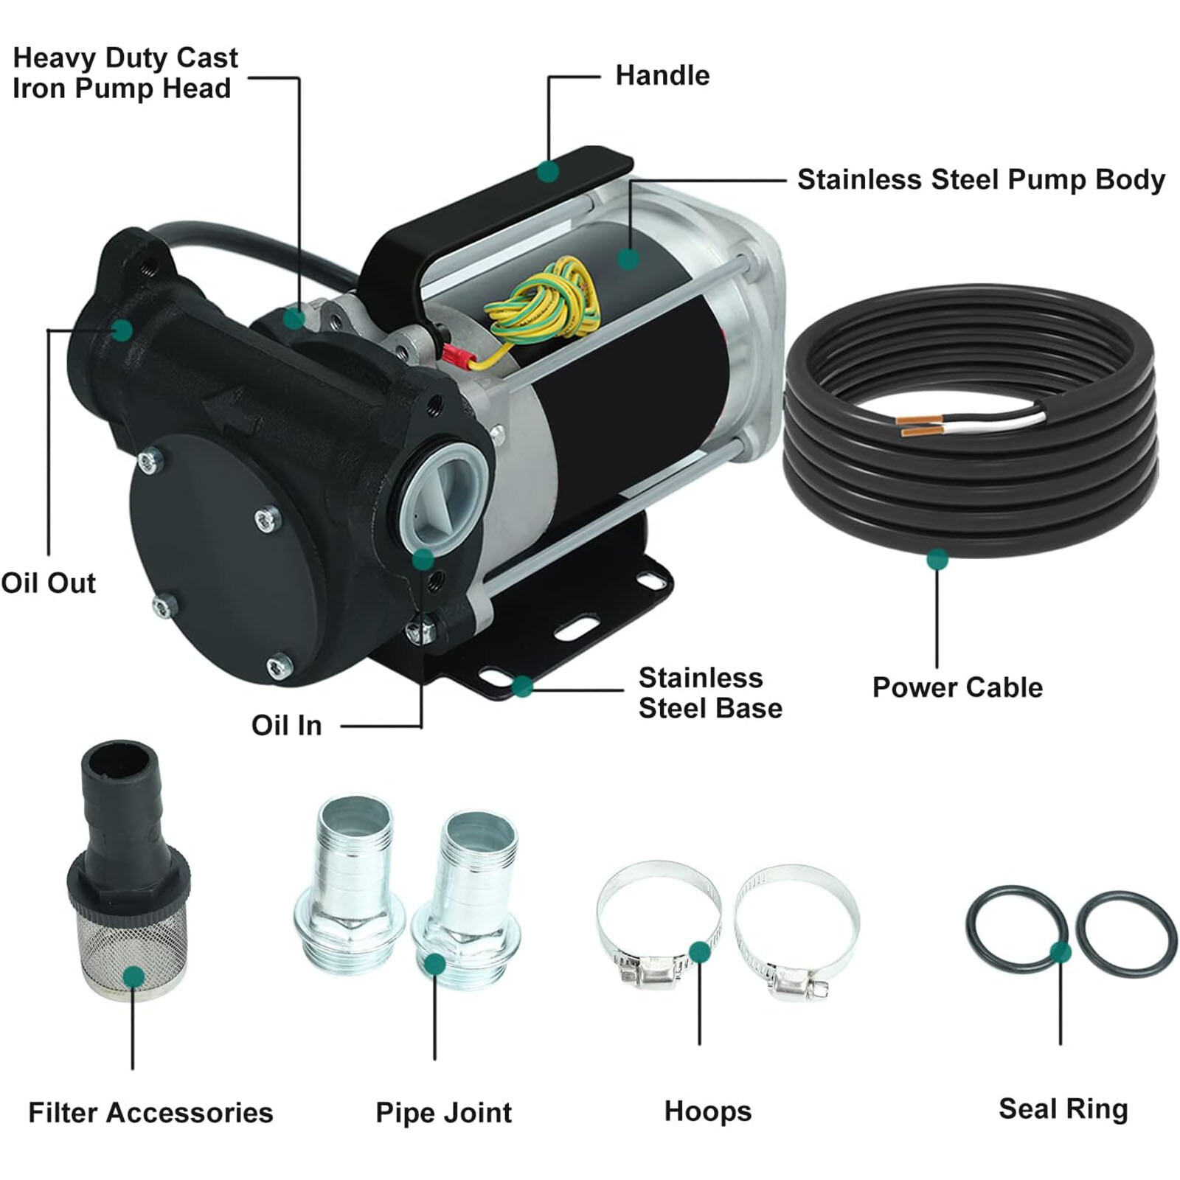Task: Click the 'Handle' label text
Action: pyautogui.click(x=662, y=75)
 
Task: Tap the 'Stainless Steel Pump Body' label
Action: pyautogui.click(x=981, y=180)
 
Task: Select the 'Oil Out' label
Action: pyautogui.click(x=49, y=583)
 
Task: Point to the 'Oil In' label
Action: pyautogui.click(x=286, y=725)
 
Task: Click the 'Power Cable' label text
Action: pyautogui.click(x=957, y=687)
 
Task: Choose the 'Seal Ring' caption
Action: pyautogui.click(x=1063, y=1109)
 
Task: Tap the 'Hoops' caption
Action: pyautogui.click(x=707, y=1111)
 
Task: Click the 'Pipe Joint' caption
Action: pyautogui.click(x=443, y=1112)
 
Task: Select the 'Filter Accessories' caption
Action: pyautogui.click(x=150, y=1112)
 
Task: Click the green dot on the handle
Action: pyautogui.click(x=548, y=172)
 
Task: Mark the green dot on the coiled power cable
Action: pyautogui.click(x=937, y=559)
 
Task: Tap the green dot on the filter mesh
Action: pyautogui.click(x=133, y=977)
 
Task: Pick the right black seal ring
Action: pyautogui.click(x=1126, y=934)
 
